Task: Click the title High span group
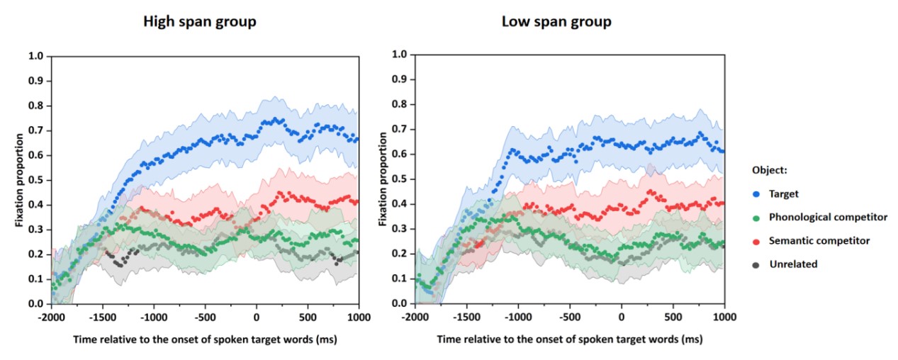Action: coord(200,21)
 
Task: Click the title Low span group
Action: coord(556,21)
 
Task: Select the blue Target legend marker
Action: coord(756,193)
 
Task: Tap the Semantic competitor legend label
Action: coord(819,241)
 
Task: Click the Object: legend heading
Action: coord(770,170)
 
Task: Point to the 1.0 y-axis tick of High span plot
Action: coord(35,56)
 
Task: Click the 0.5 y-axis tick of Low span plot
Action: coord(400,179)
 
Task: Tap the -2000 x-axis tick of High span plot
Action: coord(52,316)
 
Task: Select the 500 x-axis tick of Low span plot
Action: coord(673,315)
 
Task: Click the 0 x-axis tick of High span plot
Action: coord(257,316)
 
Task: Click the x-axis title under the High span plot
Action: coord(205,339)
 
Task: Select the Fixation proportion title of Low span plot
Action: coord(383,179)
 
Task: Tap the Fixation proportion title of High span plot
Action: coord(19,179)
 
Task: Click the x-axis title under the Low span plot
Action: coord(570,339)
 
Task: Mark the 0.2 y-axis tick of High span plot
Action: coord(35,254)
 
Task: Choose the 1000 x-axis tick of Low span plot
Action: coord(724,315)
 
